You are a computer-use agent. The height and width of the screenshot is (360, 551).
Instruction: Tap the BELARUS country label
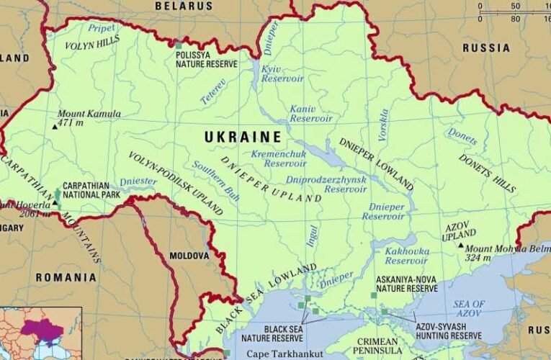(184, 6)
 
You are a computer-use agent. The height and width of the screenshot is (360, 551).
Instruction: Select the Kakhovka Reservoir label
(407, 256)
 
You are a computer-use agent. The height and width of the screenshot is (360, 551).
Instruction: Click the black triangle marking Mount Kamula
(55, 127)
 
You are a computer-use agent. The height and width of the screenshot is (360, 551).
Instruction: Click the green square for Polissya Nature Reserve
(178, 45)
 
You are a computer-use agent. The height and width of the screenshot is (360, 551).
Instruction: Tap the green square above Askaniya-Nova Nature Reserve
(374, 295)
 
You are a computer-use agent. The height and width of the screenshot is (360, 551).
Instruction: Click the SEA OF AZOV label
(469, 310)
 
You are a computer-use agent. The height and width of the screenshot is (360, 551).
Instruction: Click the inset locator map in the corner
(40, 333)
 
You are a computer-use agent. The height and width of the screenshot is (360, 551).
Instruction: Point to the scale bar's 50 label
(515, 6)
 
